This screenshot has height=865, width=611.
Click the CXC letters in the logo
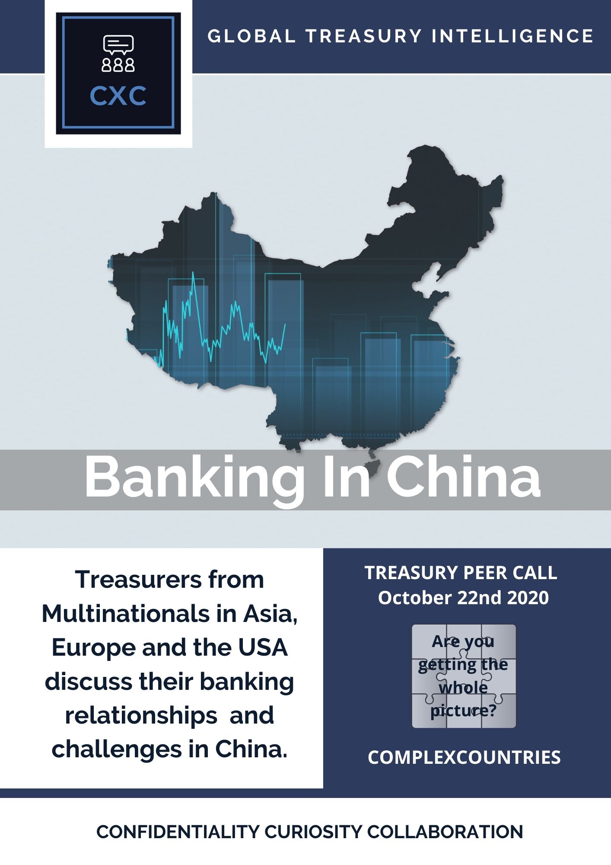[x=118, y=96]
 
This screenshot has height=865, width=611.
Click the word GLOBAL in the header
[x=251, y=36]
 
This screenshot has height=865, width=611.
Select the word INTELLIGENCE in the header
[x=512, y=36]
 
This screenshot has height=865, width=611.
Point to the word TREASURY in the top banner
[x=363, y=36]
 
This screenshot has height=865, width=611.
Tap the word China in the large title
[x=463, y=477]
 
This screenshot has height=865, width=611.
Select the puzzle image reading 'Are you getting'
[x=464, y=676]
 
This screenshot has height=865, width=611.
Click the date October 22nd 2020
[x=463, y=598]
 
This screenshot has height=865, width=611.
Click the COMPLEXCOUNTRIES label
[x=464, y=757]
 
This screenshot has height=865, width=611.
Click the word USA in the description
[x=263, y=647]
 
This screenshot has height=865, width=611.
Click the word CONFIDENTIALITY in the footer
[x=178, y=832]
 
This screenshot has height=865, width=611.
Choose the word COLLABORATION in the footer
[x=445, y=832]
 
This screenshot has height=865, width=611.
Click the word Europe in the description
[x=93, y=648]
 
